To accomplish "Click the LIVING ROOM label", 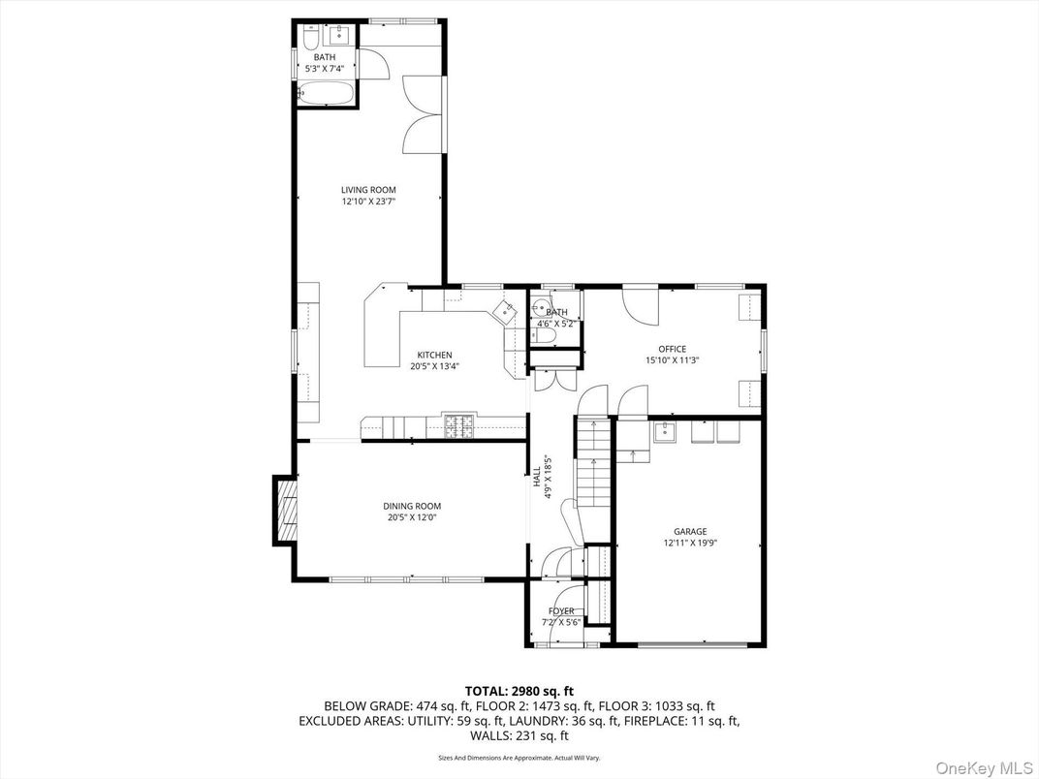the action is [x=368, y=190].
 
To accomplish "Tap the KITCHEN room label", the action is [x=434, y=355].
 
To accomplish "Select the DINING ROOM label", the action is [x=412, y=506].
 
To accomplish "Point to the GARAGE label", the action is [x=690, y=531].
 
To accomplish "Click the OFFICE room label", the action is [x=673, y=349].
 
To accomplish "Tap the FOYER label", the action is [x=561, y=610].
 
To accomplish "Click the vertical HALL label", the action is [x=536, y=478].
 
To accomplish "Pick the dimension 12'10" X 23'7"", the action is [x=368, y=202].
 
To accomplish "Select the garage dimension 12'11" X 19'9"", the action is [x=690, y=543].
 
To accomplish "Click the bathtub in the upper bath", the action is [x=326, y=93].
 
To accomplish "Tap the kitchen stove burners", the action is [x=459, y=426].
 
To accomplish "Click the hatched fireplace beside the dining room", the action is [x=287, y=510].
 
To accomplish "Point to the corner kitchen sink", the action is [x=507, y=309].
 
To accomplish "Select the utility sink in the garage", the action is [x=664, y=432].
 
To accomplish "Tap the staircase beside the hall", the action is [x=592, y=464].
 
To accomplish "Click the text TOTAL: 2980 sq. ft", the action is [x=519, y=692].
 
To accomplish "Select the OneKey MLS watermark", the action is [x=985, y=767].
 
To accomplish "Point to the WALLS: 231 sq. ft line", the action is [x=519, y=735].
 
